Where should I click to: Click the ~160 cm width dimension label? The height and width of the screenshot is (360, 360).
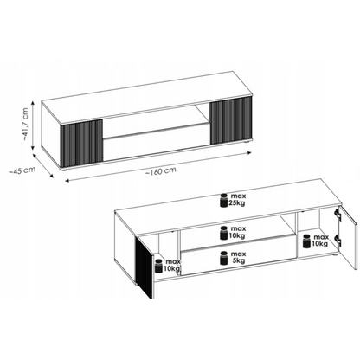(x=160, y=171)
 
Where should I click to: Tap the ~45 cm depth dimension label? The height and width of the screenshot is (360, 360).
(x=22, y=170)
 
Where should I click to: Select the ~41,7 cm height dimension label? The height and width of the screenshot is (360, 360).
(x=25, y=124)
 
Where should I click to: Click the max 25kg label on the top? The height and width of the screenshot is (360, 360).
(x=237, y=200)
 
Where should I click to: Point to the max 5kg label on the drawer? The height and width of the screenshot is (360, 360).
(x=238, y=258)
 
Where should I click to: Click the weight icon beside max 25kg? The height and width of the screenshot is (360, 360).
(x=223, y=201)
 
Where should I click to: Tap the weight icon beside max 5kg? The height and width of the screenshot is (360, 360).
(x=223, y=258)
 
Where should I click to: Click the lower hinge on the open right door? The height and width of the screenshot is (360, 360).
(x=337, y=241)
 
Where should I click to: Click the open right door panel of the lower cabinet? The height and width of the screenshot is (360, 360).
(x=349, y=238)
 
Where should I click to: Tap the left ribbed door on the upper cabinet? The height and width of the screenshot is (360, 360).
(x=81, y=144)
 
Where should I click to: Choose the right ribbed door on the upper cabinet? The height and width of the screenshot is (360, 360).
(x=231, y=120)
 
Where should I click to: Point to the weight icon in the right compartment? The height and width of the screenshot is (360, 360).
(x=306, y=241)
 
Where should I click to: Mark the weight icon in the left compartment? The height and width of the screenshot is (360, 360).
(x=159, y=266)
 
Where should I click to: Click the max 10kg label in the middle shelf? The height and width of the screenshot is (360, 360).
(x=237, y=232)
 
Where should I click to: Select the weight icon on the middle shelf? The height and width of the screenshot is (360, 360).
(x=223, y=233)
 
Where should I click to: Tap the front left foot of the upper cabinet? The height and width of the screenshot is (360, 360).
(x=65, y=170)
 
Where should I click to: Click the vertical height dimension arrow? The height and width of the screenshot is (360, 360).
(x=33, y=125)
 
